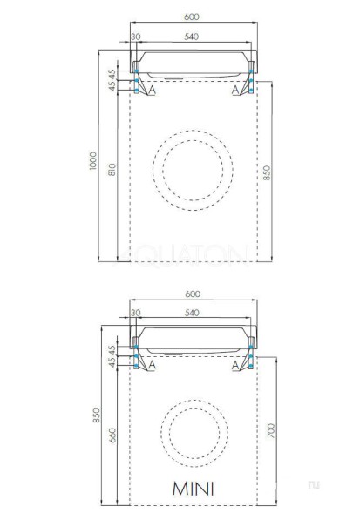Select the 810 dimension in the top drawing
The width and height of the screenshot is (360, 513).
click(x=113, y=172)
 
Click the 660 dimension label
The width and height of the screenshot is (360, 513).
click(x=113, y=435)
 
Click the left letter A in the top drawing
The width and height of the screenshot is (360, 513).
click(x=153, y=89)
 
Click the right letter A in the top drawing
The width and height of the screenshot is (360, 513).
click(x=234, y=89)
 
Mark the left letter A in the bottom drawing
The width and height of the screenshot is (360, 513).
click(x=153, y=368)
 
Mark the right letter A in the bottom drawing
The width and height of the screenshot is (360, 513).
click(x=234, y=368)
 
